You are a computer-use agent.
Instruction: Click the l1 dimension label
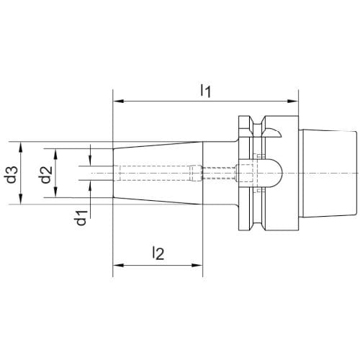click(x=206, y=91)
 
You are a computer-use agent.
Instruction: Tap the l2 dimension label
click(x=158, y=253)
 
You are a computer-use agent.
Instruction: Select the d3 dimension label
click(x=11, y=174)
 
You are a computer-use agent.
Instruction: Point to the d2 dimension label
click(x=45, y=175)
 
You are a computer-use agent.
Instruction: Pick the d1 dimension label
click(x=81, y=218)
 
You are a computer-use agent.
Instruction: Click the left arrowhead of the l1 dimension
click(x=118, y=101)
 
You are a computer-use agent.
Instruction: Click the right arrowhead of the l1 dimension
click(x=293, y=101)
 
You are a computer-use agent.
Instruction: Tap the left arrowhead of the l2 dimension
click(x=118, y=265)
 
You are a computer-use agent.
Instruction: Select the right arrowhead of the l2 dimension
click(x=197, y=265)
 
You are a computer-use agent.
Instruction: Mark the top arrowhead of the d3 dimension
click(x=21, y=147)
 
